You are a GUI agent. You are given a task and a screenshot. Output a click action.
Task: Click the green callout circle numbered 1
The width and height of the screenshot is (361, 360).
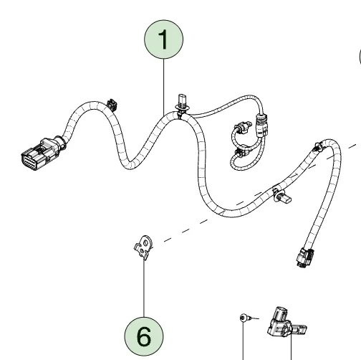coord(163,39)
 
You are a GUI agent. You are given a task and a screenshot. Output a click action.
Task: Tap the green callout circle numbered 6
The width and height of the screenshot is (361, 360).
coord(144,336)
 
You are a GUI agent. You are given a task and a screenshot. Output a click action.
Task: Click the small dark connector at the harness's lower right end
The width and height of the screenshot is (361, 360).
coord(305,257)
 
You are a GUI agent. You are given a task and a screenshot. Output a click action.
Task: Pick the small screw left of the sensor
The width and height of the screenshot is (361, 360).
coord(244,318)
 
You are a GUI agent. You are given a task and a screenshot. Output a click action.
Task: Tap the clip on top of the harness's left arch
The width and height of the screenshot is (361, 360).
coord(112,105)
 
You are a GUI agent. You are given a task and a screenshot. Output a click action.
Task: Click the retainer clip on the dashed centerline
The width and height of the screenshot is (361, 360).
coord(281,196)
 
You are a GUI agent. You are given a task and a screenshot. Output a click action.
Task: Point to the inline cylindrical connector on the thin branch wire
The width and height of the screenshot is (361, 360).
coord(261,125)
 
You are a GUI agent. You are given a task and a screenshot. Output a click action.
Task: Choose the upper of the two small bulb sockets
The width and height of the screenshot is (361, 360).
coord(243,128)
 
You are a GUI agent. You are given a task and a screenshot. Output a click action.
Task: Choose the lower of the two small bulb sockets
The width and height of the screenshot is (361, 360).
coord(243,153)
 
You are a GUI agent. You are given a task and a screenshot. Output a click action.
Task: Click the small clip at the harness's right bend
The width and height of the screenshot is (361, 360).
coord(319,147)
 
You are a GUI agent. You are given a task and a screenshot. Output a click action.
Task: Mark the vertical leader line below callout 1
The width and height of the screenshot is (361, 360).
coord(163,87)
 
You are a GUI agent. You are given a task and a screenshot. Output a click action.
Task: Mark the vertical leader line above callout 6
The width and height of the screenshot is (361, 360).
coord(144,288)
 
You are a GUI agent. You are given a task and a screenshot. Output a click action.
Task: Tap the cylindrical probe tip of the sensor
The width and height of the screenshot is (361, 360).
coord(299,329)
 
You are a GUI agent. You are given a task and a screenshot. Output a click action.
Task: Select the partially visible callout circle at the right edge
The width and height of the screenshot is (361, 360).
coord(360,57)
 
